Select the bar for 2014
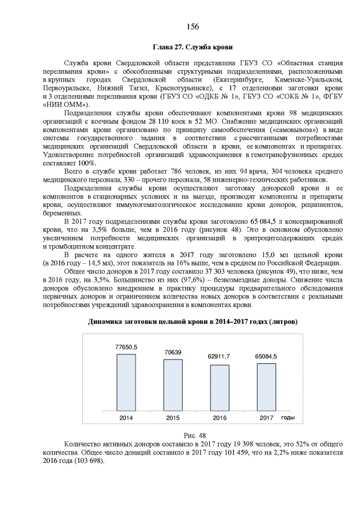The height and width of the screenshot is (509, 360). [126, 382]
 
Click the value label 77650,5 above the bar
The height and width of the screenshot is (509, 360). [126, 348]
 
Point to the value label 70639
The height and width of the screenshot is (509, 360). [173, 353]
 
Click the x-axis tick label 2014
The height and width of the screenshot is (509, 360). [126, 418]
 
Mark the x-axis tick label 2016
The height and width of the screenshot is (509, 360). [219, 418]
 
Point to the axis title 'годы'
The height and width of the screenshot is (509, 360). [288, 417]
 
